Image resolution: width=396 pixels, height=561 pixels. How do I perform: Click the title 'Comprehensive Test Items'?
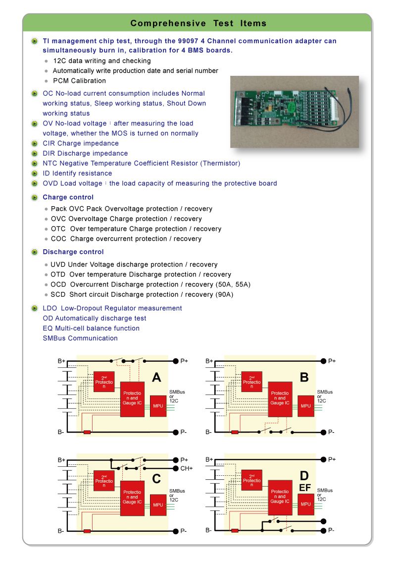(x=198, y=23)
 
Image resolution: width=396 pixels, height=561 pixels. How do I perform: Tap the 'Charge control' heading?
(x=68, y=197)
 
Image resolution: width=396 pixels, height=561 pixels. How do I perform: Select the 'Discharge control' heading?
(x=73, y=252)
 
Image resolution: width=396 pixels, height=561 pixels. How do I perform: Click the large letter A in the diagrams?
(x=156, y=378)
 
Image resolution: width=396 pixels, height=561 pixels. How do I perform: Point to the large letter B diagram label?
(x=304, y=378)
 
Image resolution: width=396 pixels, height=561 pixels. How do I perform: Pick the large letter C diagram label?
(x=156, y=479)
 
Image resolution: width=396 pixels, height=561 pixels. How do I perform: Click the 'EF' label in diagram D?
(x=305, y=488)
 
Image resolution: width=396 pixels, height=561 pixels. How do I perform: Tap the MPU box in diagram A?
(x=158, y=406)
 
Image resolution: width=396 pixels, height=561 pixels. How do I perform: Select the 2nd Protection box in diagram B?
(x=252, y=382)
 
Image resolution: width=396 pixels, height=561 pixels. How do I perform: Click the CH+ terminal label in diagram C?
(x=187, y=468)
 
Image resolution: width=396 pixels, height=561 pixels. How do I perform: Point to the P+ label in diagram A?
(x=184, y=361)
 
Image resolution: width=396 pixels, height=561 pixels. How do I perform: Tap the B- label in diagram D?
(x=208, y=531)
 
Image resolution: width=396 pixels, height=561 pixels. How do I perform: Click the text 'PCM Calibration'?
(x=79, y=81)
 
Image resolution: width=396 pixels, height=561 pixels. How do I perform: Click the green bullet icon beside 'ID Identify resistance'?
(x=34, y=173)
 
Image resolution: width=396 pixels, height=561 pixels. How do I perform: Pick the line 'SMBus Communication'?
(x=80, y=338)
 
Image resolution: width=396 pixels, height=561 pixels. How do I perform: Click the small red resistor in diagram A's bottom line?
(x=87, y=432)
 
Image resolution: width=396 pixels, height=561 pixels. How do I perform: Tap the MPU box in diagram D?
(x=306, y=505)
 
